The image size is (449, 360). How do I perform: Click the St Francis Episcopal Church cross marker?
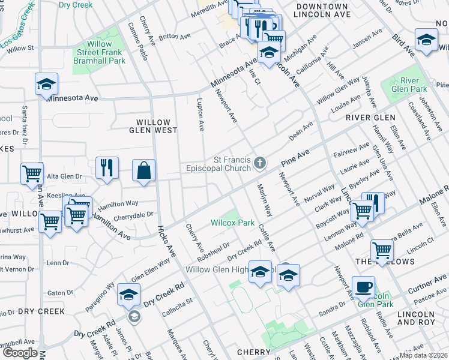(260, 163)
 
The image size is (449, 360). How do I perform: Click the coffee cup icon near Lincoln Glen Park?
(364, 287)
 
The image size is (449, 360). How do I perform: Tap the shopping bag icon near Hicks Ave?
(144, 170)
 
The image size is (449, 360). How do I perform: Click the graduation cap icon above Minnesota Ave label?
(46, 85)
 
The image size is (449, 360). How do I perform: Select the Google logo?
(20, 353)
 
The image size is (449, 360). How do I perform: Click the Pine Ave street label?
(298, 158)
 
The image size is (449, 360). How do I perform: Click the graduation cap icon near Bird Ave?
(426, 41)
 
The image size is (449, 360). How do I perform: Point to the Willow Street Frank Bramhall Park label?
(99, 52)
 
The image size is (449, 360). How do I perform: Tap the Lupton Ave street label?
(201, 116)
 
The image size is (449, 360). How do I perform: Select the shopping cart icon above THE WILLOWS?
(382, 250)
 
